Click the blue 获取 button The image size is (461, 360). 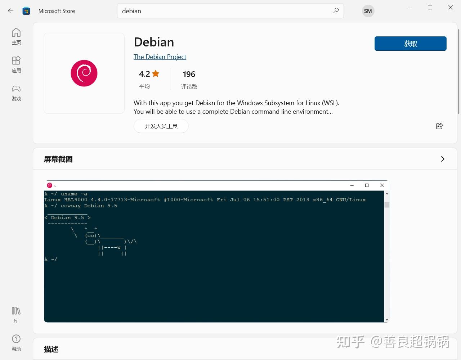point(410,44)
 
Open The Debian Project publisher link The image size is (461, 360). point(160,57)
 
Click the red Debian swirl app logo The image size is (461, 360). point(84,73)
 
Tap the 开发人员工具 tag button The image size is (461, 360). point(161,126)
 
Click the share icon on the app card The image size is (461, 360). point(439,126)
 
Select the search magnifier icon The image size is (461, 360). point(336,11)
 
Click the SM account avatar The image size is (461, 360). point(368,11)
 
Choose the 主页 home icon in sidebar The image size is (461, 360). point(16,33)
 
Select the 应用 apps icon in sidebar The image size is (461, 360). point(16,60)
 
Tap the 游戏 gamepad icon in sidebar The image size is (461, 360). point(16,89)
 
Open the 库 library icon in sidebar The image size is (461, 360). point(16,311)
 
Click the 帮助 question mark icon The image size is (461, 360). point(16,339)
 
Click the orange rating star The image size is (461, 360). point(156,74)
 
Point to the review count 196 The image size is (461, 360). point(189,74)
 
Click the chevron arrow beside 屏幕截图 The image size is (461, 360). point(443,159)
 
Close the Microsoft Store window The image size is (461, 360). point(450,7)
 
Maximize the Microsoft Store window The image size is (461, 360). point(430,7)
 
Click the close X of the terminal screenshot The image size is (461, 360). point(382,185)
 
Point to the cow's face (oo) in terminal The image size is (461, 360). point(91,235)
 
